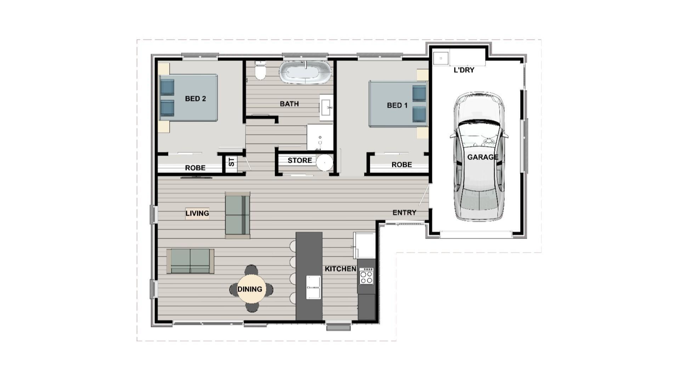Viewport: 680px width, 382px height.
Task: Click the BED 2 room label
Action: click(195, 99)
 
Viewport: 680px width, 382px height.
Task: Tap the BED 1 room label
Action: click(397, 105)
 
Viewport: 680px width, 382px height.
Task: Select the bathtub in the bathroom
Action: click(305, 73)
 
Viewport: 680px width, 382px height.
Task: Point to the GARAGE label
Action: click(482, 157)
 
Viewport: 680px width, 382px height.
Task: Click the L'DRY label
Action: click(464, 70)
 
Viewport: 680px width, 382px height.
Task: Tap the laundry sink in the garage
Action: click(441, 58)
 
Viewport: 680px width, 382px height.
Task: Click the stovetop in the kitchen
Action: click(366, 276)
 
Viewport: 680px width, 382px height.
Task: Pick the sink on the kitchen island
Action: click(313, 287)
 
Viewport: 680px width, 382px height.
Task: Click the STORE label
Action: click(300, 161)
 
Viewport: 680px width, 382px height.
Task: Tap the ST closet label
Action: click(231, 162)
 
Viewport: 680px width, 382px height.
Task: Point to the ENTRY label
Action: click(404, 213)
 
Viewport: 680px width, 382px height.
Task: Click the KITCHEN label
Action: click(340, 269)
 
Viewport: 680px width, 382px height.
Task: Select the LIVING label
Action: click(197, 213)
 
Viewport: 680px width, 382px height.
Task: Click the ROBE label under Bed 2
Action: click(195, 168)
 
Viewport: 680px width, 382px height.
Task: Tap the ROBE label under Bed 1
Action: click(402, 165)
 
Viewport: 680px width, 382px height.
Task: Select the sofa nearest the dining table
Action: click(190, 261)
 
